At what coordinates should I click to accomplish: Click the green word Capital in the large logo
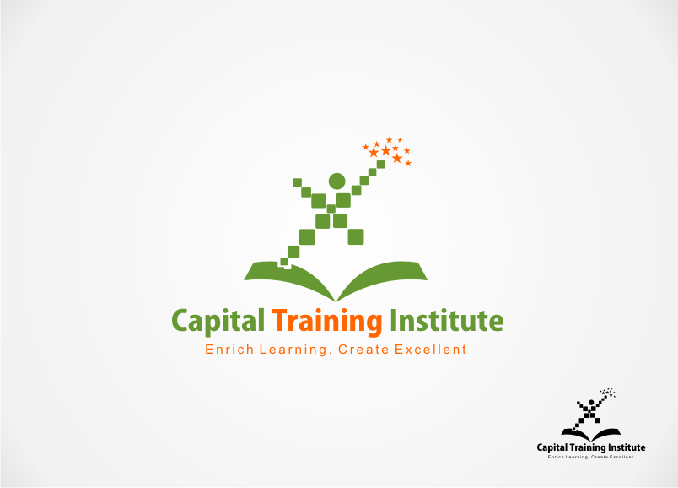(x=218, y=322)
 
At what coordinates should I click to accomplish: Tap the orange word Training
(x=327, y=323)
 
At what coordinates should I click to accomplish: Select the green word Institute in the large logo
(x=447, y=321)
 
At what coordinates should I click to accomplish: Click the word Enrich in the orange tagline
(x=229, y=350)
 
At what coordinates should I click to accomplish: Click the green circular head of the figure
(x=336, y=182)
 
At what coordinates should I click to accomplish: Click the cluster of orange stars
(x=387, y=151)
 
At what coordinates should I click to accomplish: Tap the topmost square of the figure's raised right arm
(x=380, y=164)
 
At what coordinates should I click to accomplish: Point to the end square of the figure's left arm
(x=297, y=182)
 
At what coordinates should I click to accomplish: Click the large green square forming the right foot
(x=356, y=237)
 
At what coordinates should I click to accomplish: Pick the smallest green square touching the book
(x=284, y=262)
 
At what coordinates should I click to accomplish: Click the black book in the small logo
(x=590, y=434)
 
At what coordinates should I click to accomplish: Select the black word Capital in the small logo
(x=552, y=447)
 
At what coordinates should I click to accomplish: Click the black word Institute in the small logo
(x=627, y=447)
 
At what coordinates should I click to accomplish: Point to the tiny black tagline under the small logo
(x=590, y=457)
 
